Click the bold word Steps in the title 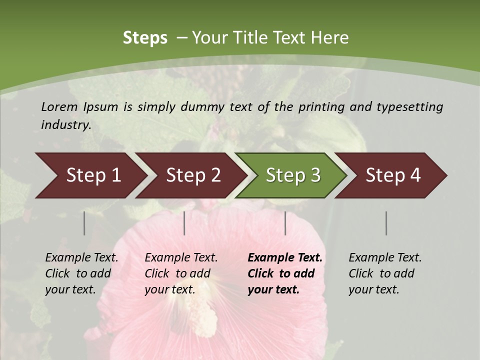145,38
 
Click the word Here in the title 329,38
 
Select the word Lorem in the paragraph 59,106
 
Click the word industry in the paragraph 65,125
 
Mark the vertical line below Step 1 84,223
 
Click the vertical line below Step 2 184,223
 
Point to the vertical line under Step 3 285,223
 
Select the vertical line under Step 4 386,223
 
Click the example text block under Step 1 81,273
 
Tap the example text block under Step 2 181,273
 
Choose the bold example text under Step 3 285,273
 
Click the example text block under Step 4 385,273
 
